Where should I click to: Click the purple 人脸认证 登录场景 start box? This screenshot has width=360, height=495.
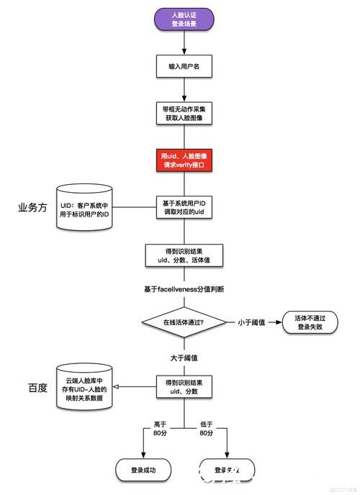(185, 19)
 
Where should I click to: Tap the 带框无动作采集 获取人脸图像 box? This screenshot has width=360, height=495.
(185, 113)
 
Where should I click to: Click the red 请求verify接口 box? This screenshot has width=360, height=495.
(185, 160)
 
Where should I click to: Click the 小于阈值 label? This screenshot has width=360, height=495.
(251, 322)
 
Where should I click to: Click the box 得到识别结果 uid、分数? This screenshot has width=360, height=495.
(185, 386)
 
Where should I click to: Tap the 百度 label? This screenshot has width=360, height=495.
(37, 388)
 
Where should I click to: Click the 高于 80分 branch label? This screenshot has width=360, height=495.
(160, 430)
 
